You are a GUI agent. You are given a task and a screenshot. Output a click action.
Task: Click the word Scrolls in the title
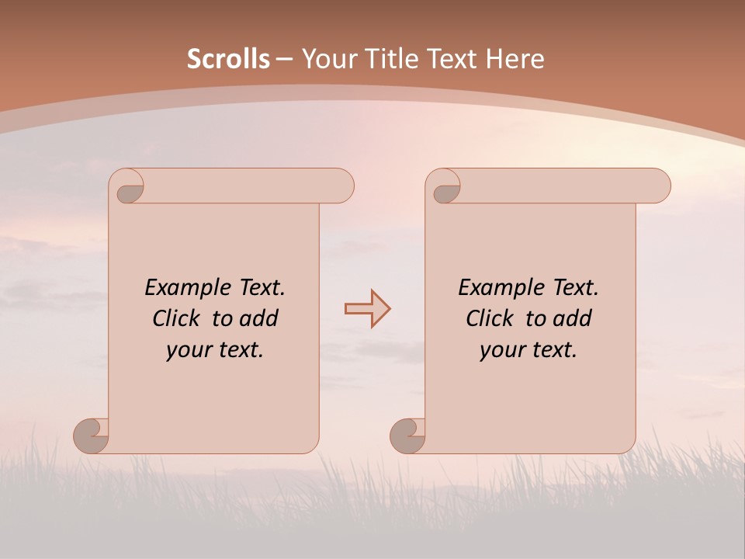[x=228, y=59]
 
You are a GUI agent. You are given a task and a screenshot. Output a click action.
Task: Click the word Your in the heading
[x=328, y=59]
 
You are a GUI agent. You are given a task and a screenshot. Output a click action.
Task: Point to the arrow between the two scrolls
[x=367, y=309]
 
